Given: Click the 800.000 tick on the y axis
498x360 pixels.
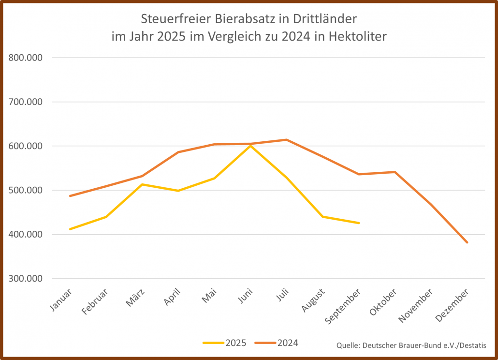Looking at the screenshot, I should pos(26,58).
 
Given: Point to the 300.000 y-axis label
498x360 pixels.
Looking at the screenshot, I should pos(26,279).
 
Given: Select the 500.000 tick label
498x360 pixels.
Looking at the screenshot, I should pos(26,190).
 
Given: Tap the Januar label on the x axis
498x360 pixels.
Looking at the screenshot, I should pos(61,300).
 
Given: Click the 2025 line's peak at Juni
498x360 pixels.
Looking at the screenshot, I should pos(250,145).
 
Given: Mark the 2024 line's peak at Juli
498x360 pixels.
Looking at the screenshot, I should pos(287,140).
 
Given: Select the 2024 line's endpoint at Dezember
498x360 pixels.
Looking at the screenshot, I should pos(467,242).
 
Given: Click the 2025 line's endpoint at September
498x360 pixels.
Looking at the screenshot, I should pos(359,223).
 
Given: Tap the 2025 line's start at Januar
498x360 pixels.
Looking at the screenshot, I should pos(70,229).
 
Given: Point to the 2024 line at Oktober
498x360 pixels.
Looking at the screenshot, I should pos(395,172).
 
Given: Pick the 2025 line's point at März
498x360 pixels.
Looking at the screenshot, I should pos(142,184).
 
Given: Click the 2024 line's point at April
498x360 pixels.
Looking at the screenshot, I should pos(178,152).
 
